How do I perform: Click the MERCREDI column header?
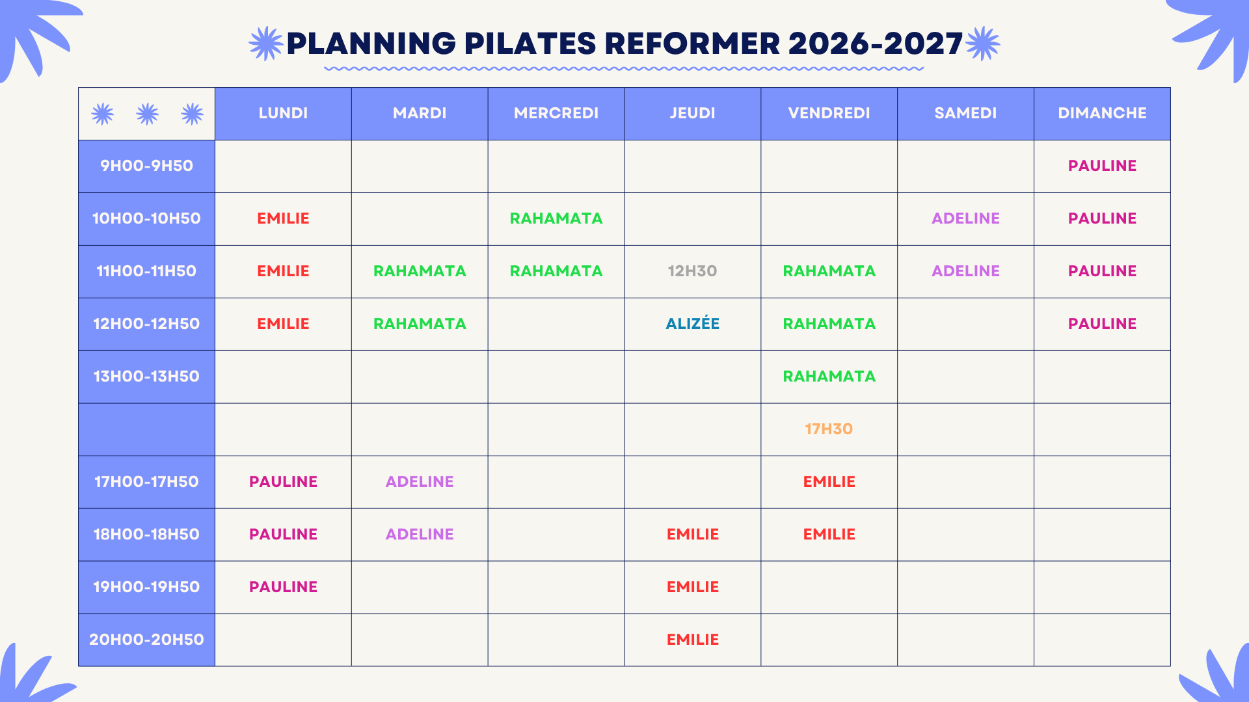(556, 113)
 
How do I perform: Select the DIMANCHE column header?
(1102, 113)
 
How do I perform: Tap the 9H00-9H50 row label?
(146, 166)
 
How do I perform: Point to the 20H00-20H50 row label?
(146, 640)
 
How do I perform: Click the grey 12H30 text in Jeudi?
(692, 271)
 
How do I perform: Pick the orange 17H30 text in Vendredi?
(829, 429)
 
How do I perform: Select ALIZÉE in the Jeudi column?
(692, 323)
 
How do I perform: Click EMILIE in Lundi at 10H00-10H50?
(283, 218)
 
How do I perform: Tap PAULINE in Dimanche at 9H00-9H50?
(1102, 166)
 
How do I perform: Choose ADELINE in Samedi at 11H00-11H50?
(965, 271)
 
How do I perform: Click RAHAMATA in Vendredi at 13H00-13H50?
(829, 376)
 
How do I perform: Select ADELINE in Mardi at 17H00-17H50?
(420, 482)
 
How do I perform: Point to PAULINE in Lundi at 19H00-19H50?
(283, 587)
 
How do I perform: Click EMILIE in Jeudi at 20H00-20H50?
(692, 640)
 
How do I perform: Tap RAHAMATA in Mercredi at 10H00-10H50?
(556, 218)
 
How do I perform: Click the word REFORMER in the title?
(692, 44)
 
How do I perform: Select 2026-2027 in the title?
(876, 44)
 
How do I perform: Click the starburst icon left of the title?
(266, 44)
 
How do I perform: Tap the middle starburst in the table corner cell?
(147, 114)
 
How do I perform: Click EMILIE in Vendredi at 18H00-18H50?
(829, 534)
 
